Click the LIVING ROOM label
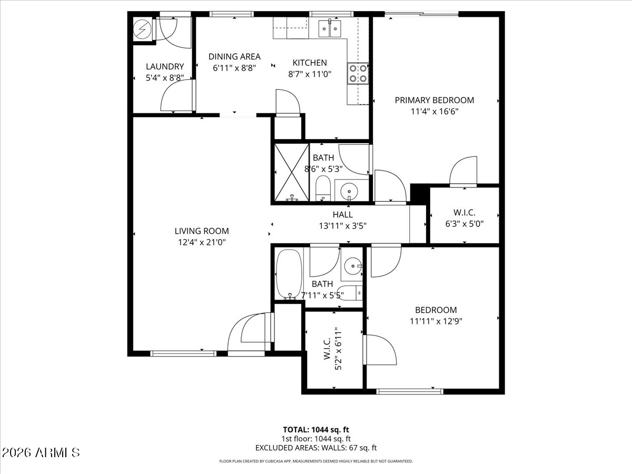[202, 231]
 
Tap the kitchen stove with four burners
[358, 73]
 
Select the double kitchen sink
[330, 28]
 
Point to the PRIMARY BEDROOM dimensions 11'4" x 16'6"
[434, 111]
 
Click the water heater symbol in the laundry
[142, 29]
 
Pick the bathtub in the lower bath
[289, 274]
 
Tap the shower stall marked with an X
[291, 172]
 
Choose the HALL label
[343, 215]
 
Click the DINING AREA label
[234, 57]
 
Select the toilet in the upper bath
[323, 188]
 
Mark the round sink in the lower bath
[353, 266]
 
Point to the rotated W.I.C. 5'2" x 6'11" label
[332, 349]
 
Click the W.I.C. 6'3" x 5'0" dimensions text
[465, 224]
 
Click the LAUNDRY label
[165, 67]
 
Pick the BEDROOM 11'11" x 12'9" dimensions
[436, 321]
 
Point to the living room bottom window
[183, 354]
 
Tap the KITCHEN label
[310, 63]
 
